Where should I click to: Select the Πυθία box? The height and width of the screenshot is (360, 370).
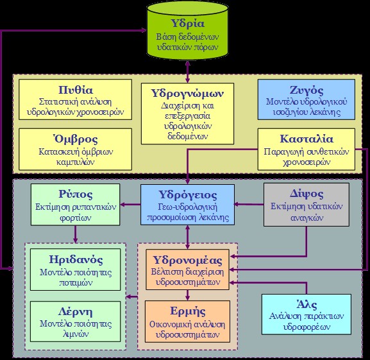click(75, 99)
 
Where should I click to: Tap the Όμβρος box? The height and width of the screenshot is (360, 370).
click(75, 149)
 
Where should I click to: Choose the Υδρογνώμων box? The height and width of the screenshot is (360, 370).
click(188, 114)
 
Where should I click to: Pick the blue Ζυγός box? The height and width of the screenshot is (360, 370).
click(307, 99)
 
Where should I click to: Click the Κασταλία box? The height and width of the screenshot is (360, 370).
click(307, 149)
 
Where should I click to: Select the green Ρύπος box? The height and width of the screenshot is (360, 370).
click(76, 205)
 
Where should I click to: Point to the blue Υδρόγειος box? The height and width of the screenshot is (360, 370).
click(188, 205)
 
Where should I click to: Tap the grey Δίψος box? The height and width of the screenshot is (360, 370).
click(307, 205)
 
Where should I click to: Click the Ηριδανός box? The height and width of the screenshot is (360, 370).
click(75, 270)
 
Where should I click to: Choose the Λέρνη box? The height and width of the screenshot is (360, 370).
click(75, 321)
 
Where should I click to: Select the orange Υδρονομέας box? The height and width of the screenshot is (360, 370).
click(188, 270)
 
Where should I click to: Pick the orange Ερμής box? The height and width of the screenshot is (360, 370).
click(188, 321)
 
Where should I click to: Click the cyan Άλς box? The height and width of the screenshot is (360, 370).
click(307, 314)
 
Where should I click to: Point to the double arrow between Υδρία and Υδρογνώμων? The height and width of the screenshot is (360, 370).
click(188, 72)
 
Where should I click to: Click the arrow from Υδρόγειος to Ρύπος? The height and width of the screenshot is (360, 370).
click(130, 205)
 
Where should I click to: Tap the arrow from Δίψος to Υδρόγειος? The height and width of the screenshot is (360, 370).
click(249, 205)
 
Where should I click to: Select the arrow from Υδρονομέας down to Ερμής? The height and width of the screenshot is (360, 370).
click(188, 295)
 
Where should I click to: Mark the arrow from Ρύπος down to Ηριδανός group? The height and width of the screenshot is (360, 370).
click(76, 234)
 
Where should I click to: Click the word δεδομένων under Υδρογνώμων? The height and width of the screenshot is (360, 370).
click(188, 136)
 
